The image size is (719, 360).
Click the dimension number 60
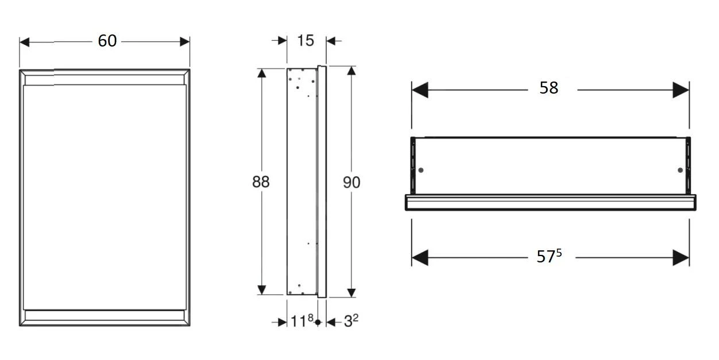point(107,41)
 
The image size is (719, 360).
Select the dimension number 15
point(306,40)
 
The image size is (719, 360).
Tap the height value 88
point(261,181)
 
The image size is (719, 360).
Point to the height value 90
point(351,183)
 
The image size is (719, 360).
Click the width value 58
point(549,88)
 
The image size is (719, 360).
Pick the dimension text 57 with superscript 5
point(548,257)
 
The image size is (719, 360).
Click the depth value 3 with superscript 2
point(351,322)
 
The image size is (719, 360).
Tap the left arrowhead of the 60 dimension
point(24,42)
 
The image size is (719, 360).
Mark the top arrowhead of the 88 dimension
point(262,73)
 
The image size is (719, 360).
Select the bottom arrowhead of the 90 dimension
point(351,292)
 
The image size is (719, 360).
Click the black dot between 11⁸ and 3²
point(318,323)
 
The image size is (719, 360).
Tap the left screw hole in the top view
point(422,171)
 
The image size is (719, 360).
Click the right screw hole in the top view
point(680,171)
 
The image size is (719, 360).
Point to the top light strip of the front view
point(105,79)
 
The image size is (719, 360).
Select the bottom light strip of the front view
point(105,315)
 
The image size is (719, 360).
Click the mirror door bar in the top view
point(550,202)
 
